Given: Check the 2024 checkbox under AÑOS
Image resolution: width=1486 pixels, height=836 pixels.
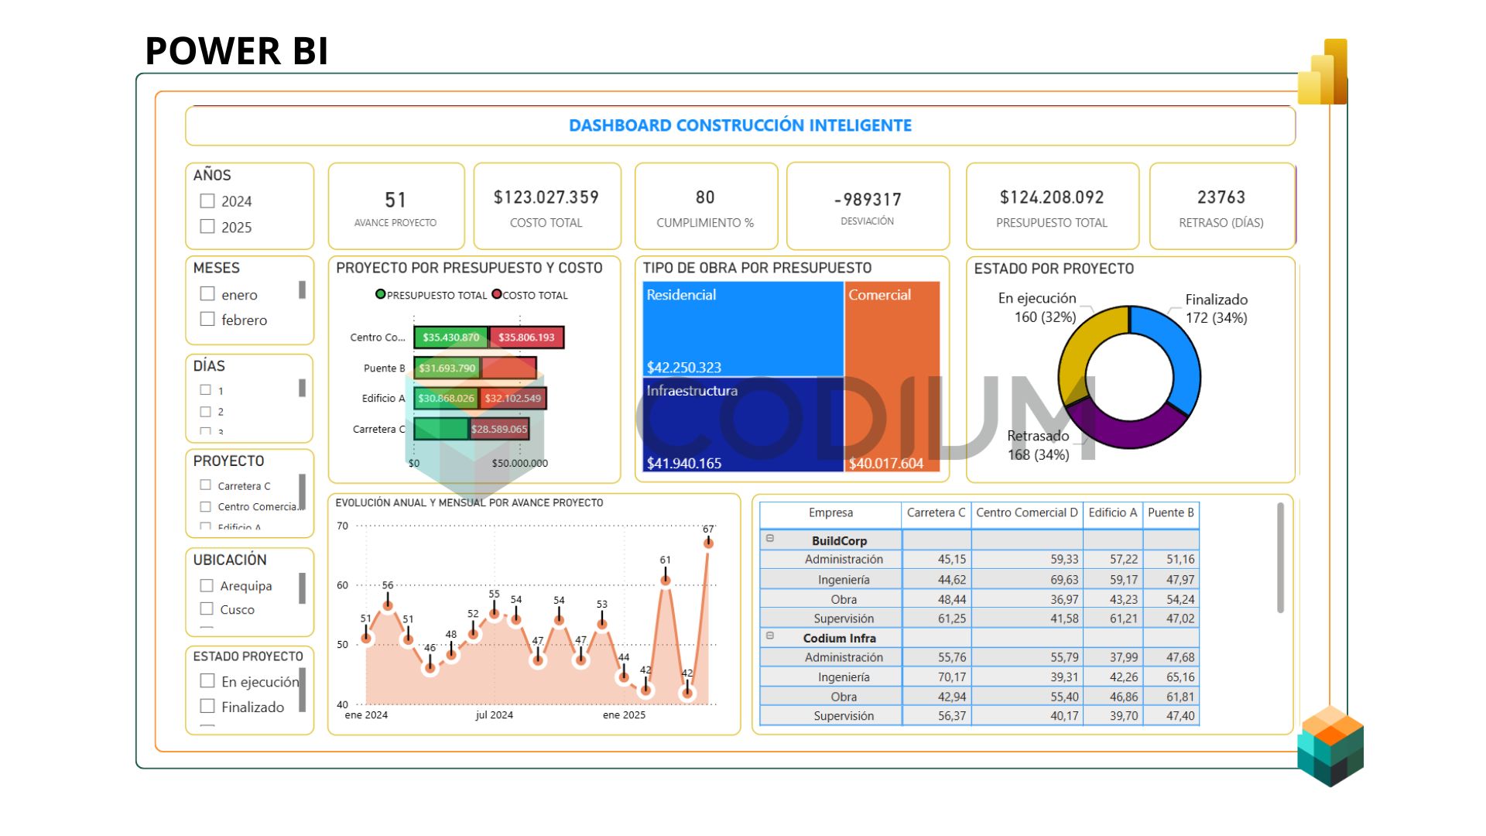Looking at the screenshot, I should coord(207,201).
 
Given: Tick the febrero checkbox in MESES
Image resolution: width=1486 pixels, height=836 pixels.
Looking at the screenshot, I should coord(207,319).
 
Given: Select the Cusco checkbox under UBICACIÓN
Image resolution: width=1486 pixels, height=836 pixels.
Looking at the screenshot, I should coord(207,609).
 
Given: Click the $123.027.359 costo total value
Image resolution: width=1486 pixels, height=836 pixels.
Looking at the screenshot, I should coord(546,197).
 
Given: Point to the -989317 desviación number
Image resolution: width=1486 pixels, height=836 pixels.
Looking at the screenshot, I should coord(868,200).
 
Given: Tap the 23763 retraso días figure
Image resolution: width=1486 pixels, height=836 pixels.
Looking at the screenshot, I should coord(1221,197).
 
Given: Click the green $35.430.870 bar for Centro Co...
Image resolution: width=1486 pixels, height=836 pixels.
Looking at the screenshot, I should coord(450,337).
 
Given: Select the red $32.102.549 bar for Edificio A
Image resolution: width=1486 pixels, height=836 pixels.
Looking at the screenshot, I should coord(513,399).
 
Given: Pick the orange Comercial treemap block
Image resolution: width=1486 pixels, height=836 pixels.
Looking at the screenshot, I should coord(892,372).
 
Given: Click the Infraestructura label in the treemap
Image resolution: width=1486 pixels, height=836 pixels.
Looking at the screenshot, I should coord(692,391).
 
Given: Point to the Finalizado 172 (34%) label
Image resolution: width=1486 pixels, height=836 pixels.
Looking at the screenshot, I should coord(1216,308).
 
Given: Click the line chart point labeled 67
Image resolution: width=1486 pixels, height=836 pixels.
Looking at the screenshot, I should coord(707,543).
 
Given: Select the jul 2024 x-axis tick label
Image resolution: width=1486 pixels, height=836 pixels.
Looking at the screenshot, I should coord(494,714).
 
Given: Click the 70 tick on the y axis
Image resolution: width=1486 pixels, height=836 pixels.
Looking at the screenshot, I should coord(342,526).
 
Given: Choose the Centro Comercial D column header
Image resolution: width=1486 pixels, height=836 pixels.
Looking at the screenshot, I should coord(1026,512).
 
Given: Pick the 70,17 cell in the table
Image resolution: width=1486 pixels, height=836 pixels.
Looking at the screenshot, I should coord(951,677).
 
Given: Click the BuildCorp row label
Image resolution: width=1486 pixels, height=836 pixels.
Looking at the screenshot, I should coord(839,540).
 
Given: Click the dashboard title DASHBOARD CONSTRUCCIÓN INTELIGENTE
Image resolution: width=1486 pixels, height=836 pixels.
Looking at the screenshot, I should coord(740,125).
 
